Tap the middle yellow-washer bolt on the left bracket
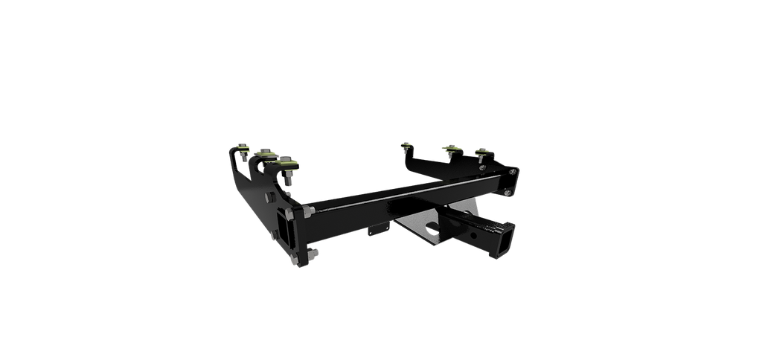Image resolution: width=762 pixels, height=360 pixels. coord(263,152)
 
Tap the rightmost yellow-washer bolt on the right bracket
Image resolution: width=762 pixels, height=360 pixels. coord(484,152)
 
